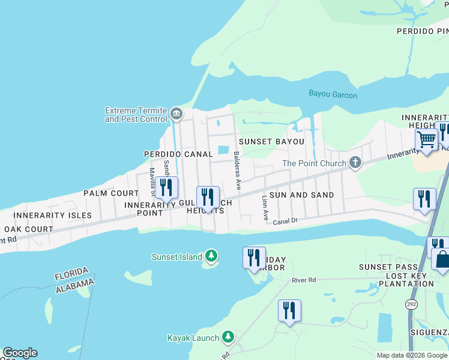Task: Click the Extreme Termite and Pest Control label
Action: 136,115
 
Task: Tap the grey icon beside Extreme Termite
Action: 176,113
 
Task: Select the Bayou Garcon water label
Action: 333,95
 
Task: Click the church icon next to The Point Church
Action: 355,163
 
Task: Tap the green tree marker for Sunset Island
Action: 211,256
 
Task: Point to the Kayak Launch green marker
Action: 228,337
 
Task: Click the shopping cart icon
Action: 426,140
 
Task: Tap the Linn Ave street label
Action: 265,208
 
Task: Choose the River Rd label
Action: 303,280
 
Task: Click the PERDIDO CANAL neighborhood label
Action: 178,154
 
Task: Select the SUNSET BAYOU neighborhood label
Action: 271,142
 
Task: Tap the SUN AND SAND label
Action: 301,195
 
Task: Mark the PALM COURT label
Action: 111,193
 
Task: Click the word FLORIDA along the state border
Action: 71,273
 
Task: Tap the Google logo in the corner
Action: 20,353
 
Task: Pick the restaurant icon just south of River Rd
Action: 289,311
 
